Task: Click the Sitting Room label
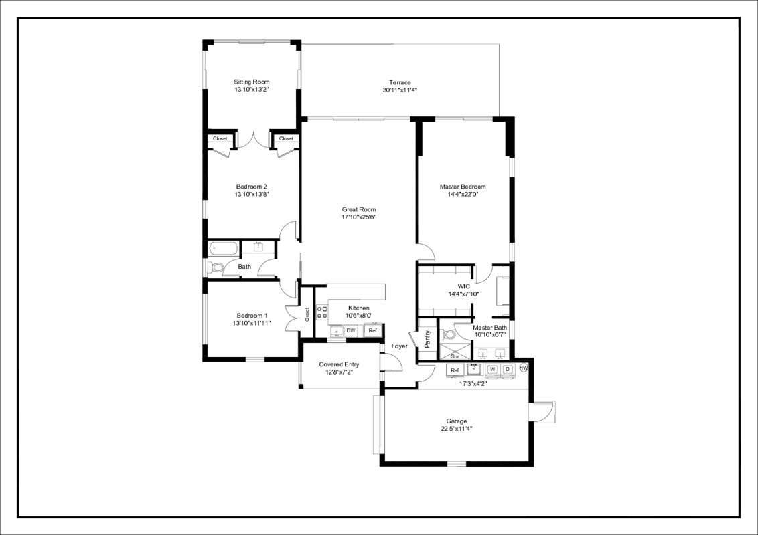point(252,82)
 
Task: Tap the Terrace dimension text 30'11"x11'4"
point(400,90)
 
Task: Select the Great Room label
point(359,209)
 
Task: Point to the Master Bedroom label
point(463,187)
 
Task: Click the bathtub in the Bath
point(223,249)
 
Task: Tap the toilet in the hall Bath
point(217,267)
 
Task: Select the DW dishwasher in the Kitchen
point(350,330)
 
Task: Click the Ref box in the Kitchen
point(372,330)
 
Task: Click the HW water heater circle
point(524,368)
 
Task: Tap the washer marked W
point(492,369)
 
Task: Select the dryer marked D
point(507,369)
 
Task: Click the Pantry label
point(427,340)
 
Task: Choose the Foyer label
point(400,346)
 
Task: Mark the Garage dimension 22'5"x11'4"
point(457,429)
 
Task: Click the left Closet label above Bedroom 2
point(220,138)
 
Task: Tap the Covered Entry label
point(339,364)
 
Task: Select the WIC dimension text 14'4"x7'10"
point(463,294)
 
